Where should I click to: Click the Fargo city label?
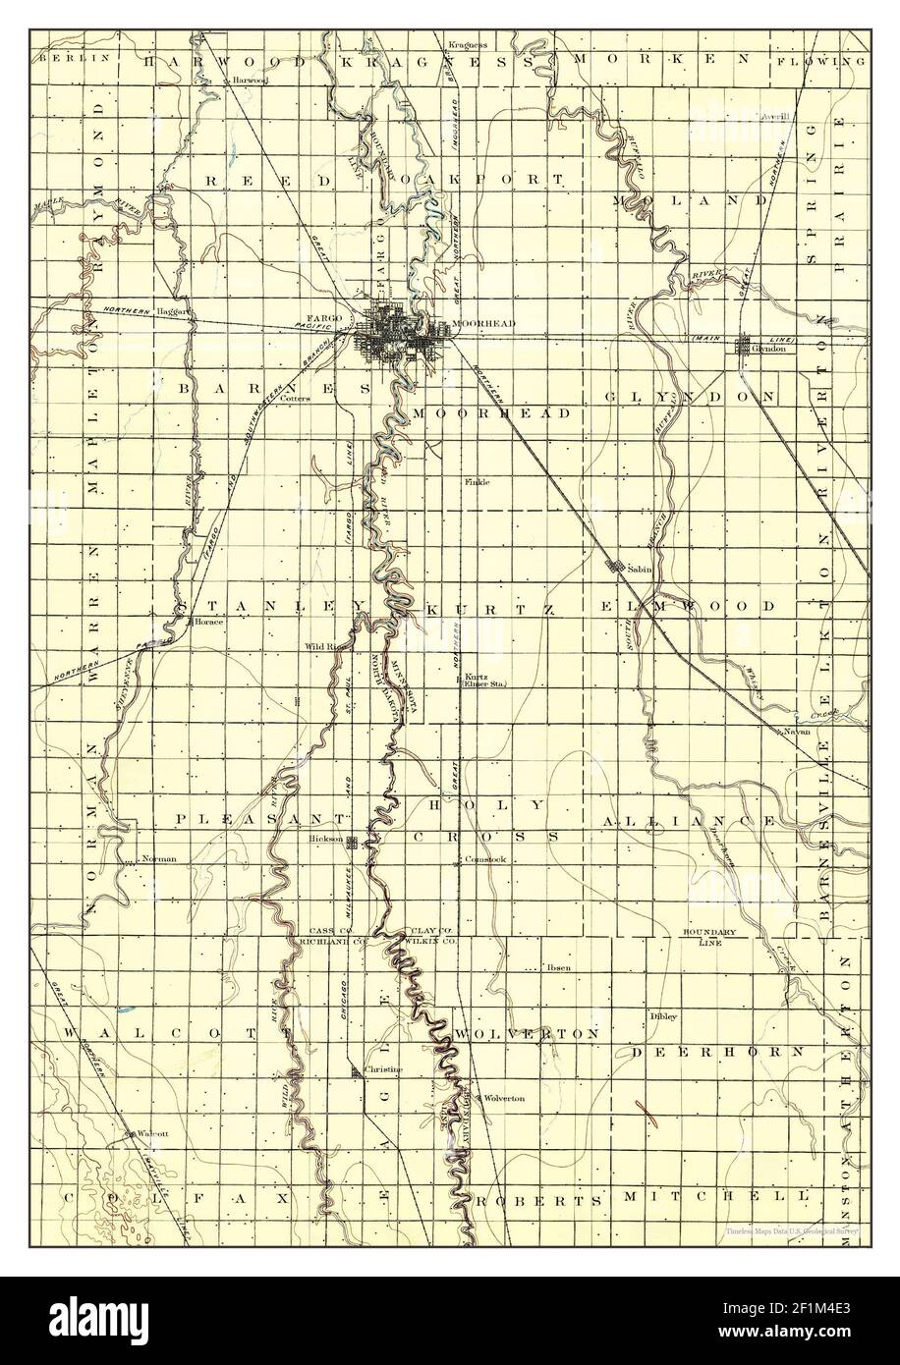point(323,318)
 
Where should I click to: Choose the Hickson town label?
point(323,840)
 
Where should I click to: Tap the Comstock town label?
point(484,859)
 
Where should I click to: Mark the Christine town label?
point(375,1065)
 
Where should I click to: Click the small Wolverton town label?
point(503,1098)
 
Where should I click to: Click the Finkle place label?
point(478,481)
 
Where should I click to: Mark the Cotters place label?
point(295,399)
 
